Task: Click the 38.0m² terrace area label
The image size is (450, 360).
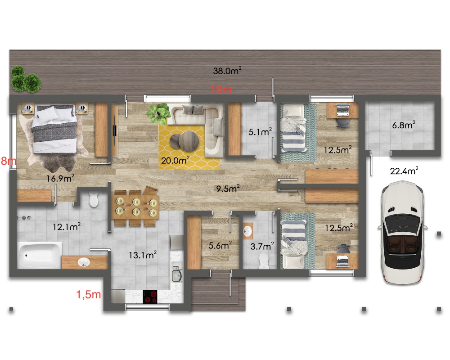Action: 227,71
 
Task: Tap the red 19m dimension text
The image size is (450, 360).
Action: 221,90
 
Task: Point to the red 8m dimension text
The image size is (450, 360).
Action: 8,161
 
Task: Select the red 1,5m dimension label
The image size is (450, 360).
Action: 88,294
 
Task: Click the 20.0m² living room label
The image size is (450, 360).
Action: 175,160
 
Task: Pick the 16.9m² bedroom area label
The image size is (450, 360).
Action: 60,178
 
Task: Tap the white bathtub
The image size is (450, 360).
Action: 40,255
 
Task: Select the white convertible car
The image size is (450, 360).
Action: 402,233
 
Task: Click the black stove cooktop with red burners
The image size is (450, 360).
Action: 150,297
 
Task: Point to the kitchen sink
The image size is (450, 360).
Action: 177,274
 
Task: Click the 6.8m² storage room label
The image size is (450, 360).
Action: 404,125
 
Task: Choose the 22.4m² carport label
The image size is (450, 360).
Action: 404,171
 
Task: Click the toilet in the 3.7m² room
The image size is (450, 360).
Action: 263,261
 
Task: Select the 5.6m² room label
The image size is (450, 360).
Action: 220,245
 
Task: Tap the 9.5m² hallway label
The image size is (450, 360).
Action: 228,189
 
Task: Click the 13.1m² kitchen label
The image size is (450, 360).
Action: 143,255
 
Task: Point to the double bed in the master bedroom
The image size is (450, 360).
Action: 54,129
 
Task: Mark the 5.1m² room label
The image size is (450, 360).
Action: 260,132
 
